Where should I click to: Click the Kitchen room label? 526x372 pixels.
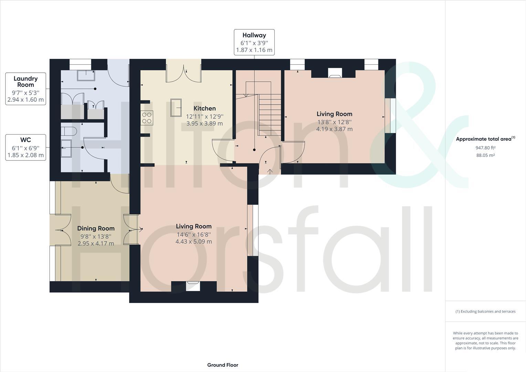tap(204, 108)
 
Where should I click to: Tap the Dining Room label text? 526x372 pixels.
tap(96, 228)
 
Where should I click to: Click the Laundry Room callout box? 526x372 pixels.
tap(26, 89)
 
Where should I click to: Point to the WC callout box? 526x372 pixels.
tap(26, 148)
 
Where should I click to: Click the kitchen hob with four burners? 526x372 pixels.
tap(147, 118)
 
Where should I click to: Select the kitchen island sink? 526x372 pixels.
tap(176, 107)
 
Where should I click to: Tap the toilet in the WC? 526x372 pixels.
tap(69, 131)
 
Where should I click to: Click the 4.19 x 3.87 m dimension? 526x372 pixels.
tap(334, 129)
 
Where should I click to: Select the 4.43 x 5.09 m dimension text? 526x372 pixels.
tap(193, 241)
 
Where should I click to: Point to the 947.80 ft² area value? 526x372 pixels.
tap(485, 148)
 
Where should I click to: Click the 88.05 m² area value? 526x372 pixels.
tap(485, 155)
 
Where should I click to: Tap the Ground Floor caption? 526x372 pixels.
tap(222, 365)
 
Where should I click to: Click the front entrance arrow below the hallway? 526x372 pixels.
tap(270, 171)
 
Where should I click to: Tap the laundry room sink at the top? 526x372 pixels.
tap(86, 75)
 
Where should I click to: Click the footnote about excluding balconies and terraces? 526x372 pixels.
tap(485, 311)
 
